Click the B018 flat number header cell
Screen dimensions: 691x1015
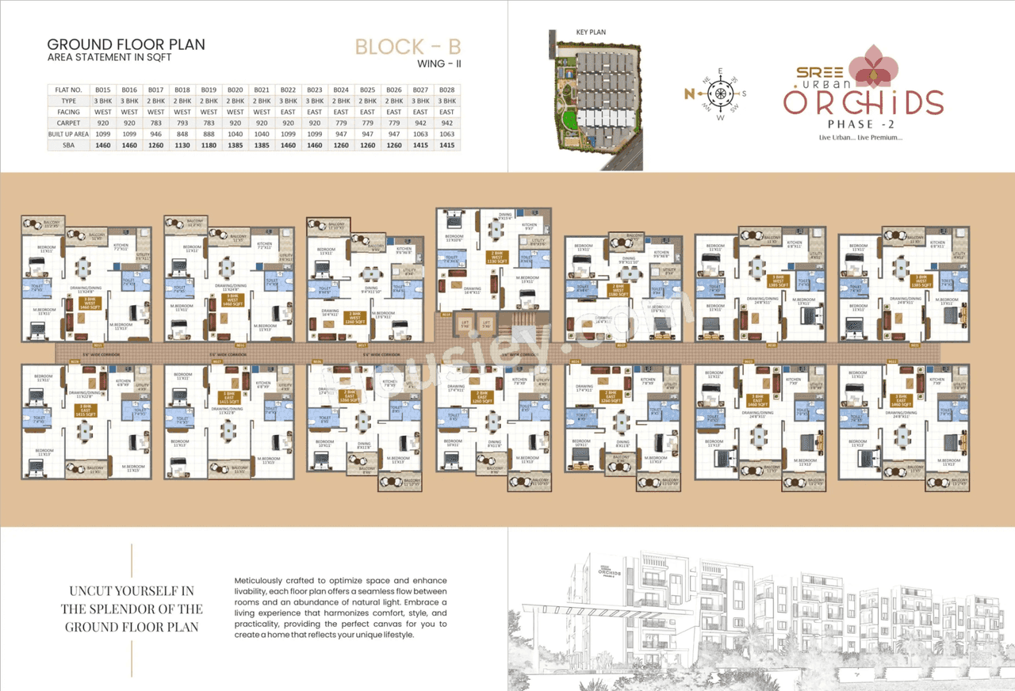click(x=182, y=90)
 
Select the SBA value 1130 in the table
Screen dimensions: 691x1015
click(x=182, y=146)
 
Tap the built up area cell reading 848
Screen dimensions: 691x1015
click(x=182, y=135)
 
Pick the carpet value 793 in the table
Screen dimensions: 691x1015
click(x=182, y=124)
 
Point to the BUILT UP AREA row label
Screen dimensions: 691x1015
click(x=67, y=135)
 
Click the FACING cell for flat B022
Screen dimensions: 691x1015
click(x=288, y=113)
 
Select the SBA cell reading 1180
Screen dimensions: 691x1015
click(x=209, y=146)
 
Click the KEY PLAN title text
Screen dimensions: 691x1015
click(x=590, y=32)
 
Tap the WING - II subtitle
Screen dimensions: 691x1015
click(x=439, y=64)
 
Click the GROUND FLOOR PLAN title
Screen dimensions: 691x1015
click(x=126, y=44)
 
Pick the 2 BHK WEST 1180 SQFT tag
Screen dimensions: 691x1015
click(x=618, y=289)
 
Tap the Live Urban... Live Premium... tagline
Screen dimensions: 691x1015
click(x=860, y=138)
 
